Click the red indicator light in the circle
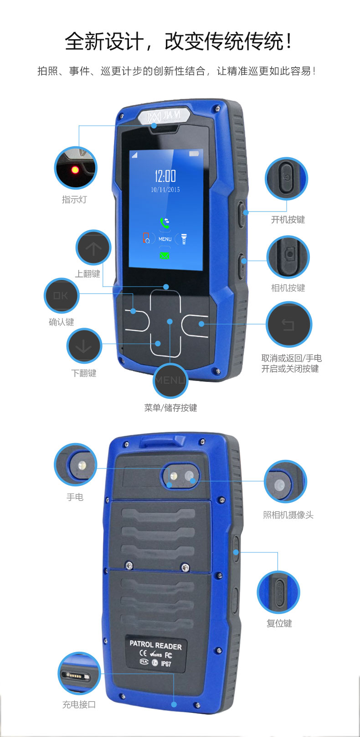75,170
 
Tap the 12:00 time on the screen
165,175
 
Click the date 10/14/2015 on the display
165,190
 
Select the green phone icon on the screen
165,223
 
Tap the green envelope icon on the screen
164,256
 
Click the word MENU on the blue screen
165,239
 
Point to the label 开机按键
288,219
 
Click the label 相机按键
288,288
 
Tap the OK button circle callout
61,295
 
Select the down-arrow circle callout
84,346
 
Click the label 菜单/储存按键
170,408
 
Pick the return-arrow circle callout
288,325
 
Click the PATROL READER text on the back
155,645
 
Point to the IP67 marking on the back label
166,664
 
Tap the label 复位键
279,623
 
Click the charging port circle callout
79,673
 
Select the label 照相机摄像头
288,515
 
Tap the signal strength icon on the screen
134,155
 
